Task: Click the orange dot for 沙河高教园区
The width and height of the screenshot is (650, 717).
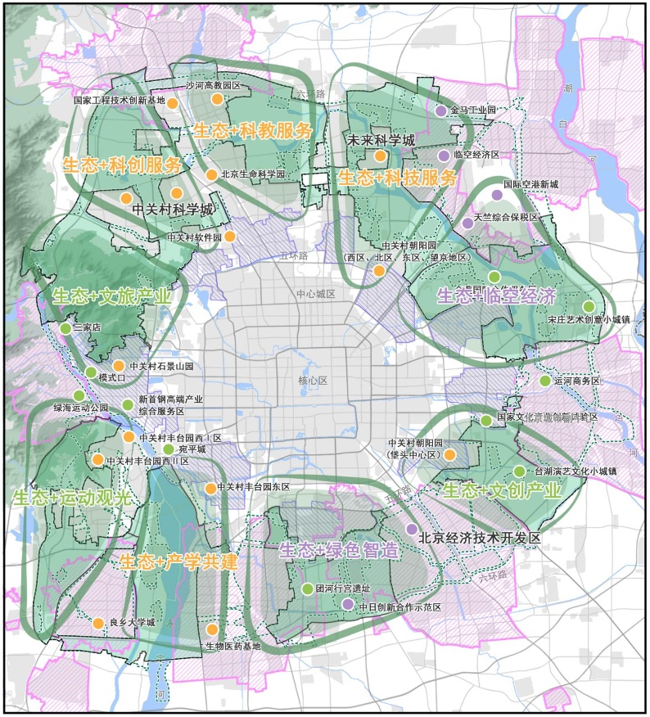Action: tap(217, 99)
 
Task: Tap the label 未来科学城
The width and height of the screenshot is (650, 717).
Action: tap(381, 140)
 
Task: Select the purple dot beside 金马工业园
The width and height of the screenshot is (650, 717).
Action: tap(441, 110)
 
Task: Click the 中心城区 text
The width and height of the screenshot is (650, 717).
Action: tap(316, 294)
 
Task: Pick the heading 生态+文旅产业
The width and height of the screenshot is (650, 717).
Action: tap(111, 296)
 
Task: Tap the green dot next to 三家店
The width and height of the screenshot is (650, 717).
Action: tap(65, 328)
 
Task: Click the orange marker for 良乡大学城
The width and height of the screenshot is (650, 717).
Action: tap(98, 624)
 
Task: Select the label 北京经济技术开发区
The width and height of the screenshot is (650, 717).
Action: tap(480, 539)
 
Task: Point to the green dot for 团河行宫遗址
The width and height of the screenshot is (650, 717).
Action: tap(307, 588)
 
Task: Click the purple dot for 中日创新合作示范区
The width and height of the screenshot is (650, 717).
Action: tap(348, 604)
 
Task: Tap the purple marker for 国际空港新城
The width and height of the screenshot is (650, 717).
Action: tap(497, 195)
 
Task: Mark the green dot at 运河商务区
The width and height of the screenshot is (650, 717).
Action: tap(545, 381)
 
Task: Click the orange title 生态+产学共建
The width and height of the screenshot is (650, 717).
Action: tap(178, 561)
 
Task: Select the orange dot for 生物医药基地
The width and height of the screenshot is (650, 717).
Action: tap(212, 629)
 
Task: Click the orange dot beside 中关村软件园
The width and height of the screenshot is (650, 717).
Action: tap(230, 237)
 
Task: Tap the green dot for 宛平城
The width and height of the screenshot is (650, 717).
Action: tap(169, 449)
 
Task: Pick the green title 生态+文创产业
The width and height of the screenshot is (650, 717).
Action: tap(502, 491)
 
